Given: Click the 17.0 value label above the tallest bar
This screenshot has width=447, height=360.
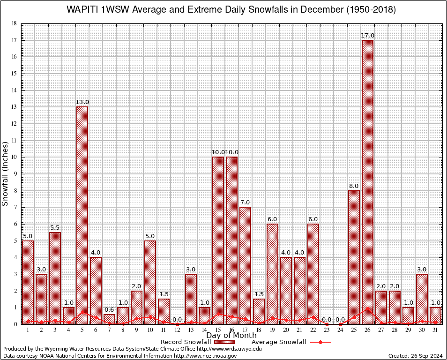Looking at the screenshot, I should pyautogui.click(x=367, y=36).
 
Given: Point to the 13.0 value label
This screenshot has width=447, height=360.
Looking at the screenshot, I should pyautogui.click(x=82, y=102).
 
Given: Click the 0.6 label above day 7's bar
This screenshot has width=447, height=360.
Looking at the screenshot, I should pyautogui.click(x=109, y=309).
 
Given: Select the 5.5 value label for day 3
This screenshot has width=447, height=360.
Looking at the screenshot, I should pyautogui.click(x=55, y=228).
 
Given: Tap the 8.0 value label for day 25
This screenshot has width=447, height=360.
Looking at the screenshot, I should pyautogui.click(x=354, y=186).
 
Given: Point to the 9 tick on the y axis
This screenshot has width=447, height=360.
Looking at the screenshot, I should pyautogui.click(x=15, y=174).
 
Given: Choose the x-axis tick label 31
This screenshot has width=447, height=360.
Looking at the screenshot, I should pyautogui.click(x=435, y=330).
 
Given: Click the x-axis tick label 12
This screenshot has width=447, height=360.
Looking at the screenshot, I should pyautogui.click(x=177, y=330).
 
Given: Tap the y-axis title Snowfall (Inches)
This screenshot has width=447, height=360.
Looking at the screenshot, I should pyautogui.click(x=6, y=173).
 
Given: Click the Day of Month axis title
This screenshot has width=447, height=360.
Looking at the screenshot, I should pyautogui.click(x=231, y=335).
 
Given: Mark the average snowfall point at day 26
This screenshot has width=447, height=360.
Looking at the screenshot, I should pyautogui.click(x=367, y=308).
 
